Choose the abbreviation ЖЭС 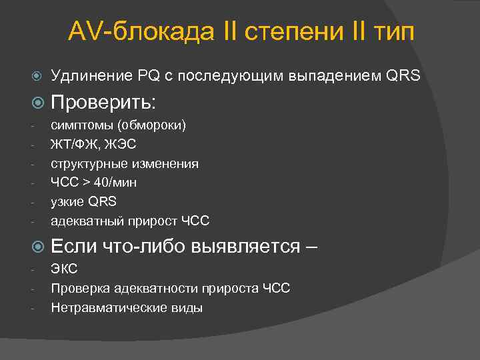(x=125, y=144)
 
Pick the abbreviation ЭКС (x=64, y=269)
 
